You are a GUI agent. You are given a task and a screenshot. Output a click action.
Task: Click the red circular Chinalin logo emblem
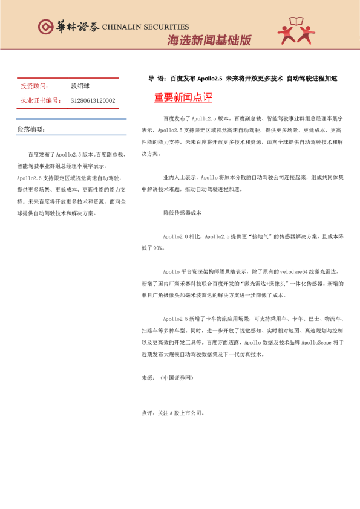click(x=46, y=26)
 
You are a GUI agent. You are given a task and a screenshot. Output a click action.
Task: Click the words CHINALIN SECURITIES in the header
click(x=145, y=27)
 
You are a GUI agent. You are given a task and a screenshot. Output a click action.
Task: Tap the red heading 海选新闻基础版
click(x=209, y=41)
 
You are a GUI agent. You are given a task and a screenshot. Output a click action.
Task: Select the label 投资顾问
click(x=34, y=86)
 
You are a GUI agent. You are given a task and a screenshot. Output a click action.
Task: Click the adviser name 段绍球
click(x=80, y=86)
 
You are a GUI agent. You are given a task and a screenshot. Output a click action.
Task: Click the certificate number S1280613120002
click(x=93, y=100)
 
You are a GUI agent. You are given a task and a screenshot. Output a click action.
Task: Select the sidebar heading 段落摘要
click(x=31, y=130)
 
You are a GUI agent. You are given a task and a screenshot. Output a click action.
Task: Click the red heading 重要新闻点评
click(x=183, y=97)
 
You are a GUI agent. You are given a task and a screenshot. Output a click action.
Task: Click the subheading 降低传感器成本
click(x=182, y=213)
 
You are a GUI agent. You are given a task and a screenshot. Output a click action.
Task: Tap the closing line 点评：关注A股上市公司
click(x=173, y=414)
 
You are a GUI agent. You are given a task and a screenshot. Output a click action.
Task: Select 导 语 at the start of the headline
click(x=157, y=79)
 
